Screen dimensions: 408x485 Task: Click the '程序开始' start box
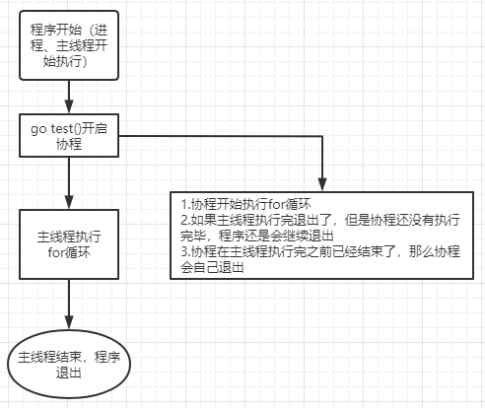click(x=69, y=46)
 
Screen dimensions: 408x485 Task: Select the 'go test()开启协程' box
click(x=69, y=135)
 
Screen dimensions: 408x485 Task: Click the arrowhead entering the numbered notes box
click(x=322, y=185)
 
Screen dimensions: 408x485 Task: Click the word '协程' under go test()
click(x=69, y=144)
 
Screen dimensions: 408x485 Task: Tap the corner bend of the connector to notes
click(x=322, y=136)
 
